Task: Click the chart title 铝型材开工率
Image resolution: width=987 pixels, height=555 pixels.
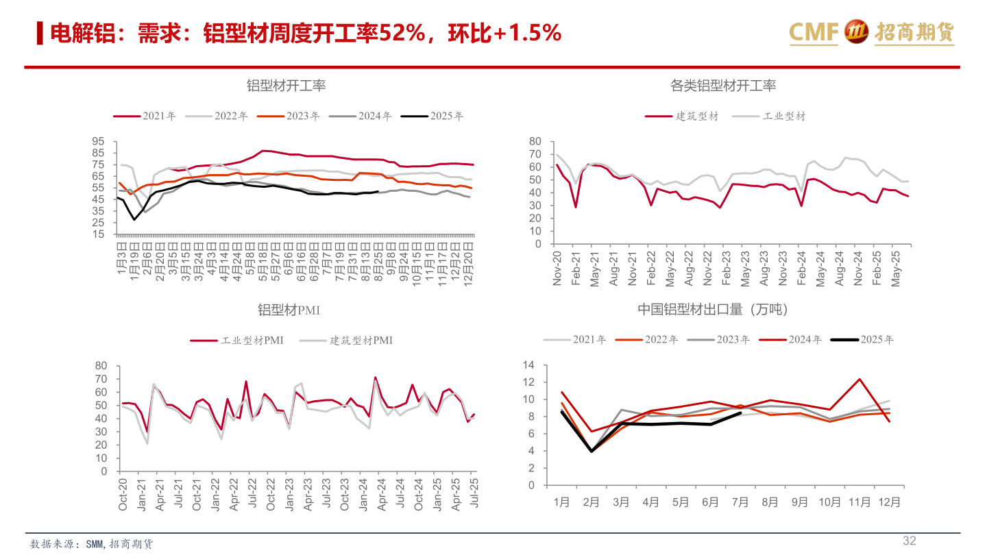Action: pos(286,86)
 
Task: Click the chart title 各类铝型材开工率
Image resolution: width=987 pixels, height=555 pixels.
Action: pos(723,86)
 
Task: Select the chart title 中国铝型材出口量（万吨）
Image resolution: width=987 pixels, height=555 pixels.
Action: pos(713,310)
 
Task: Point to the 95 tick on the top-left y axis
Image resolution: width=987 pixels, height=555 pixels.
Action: pos(98,141)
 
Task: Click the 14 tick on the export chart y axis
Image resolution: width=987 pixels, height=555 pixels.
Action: pos(528,365)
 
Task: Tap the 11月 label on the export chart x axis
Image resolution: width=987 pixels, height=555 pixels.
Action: pos(859,502)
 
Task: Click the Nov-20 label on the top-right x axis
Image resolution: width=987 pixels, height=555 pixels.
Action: pos(557,268)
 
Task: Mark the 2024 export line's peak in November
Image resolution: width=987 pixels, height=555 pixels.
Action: pos(860,379)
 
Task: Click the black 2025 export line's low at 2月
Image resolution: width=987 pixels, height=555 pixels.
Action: pos(592,451)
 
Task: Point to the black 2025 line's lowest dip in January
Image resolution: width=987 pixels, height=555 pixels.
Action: pos(134,219)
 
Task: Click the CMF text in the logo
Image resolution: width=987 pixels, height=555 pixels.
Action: pos(814,32)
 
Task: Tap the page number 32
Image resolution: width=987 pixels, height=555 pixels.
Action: pos(909,541)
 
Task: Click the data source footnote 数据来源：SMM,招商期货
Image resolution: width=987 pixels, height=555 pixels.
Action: pos(92,543)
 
